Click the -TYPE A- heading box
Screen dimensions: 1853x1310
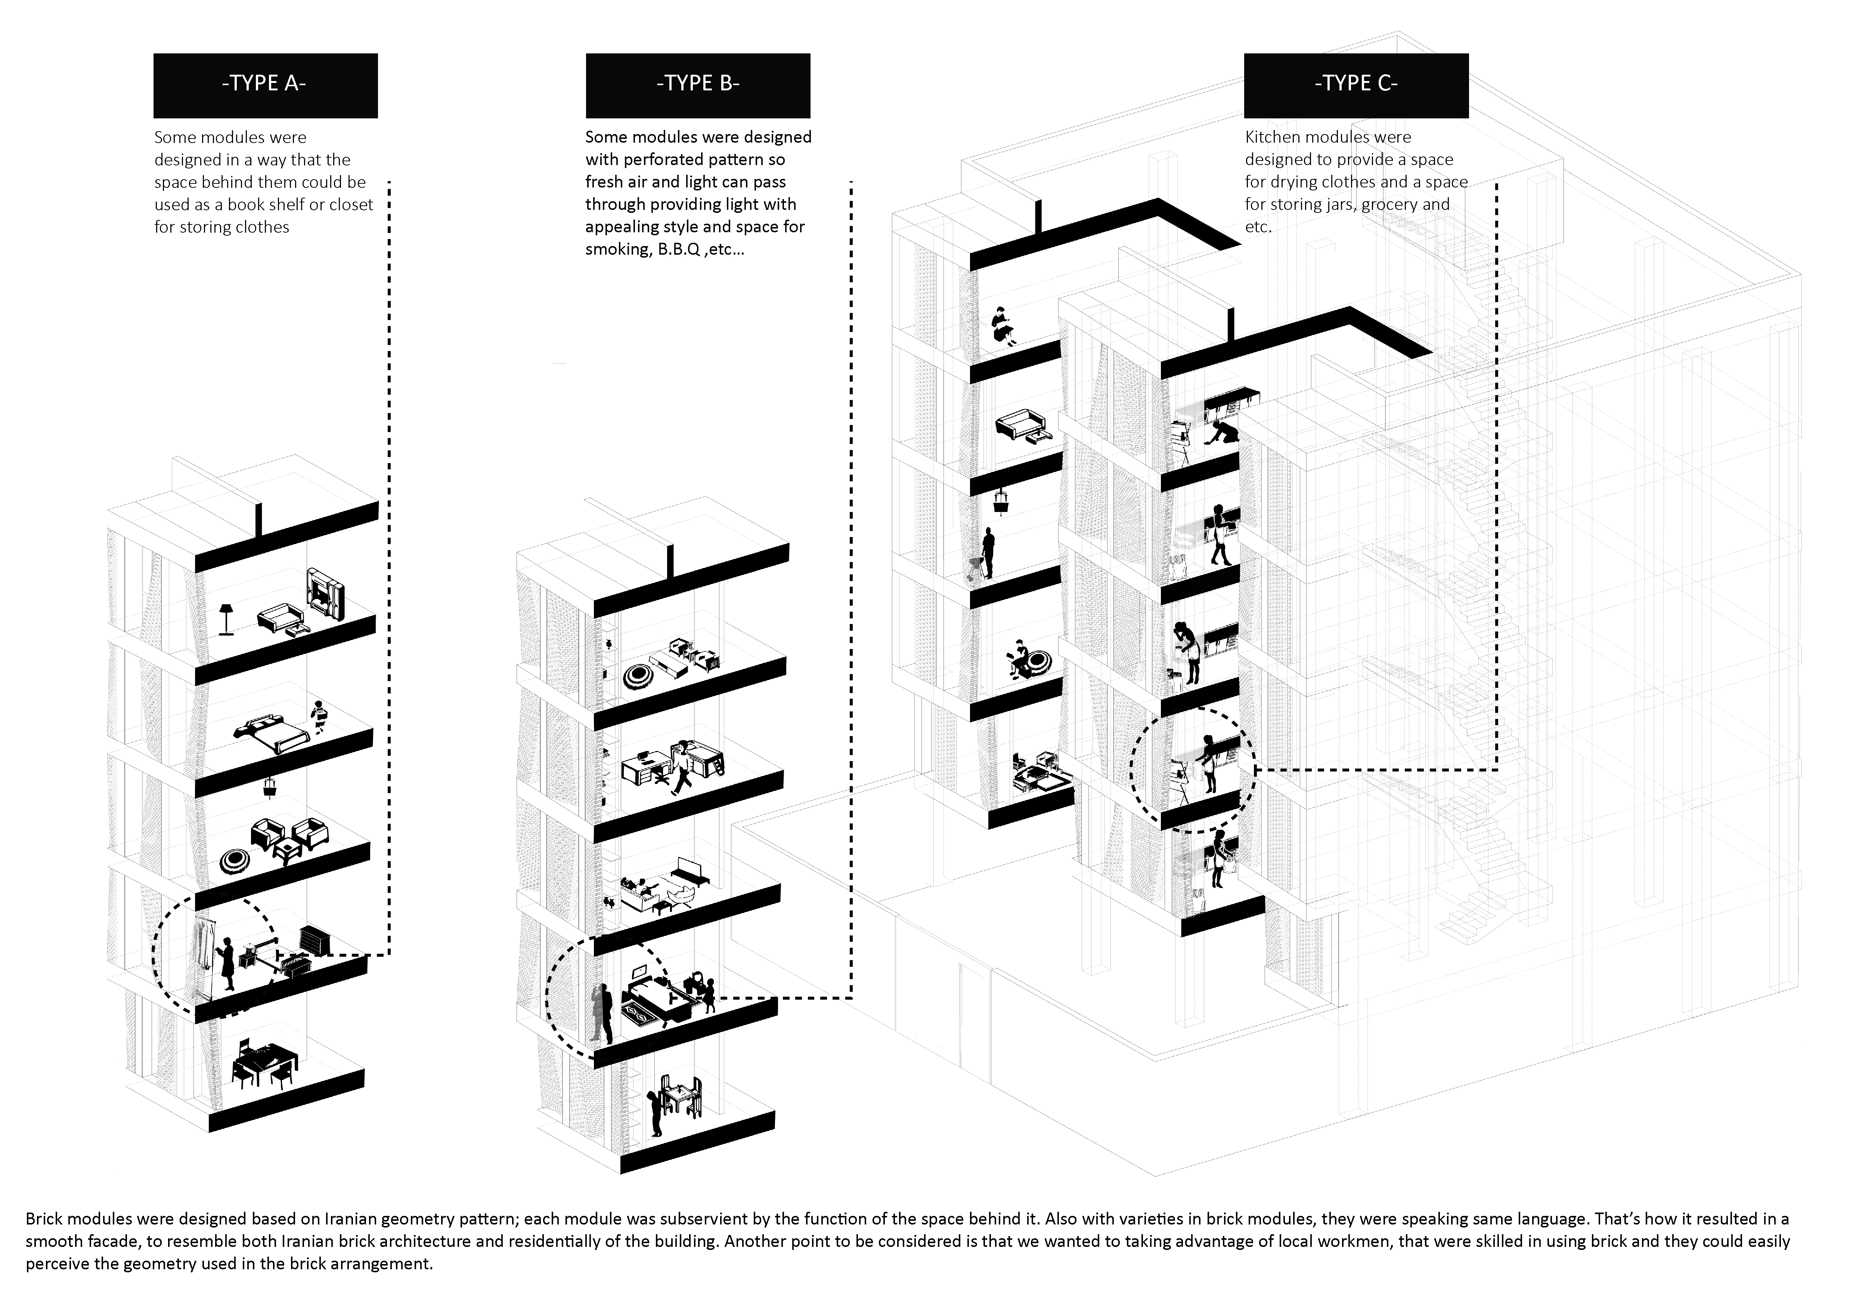266,86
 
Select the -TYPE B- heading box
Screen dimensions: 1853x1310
698,86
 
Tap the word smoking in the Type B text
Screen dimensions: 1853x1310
616,249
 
